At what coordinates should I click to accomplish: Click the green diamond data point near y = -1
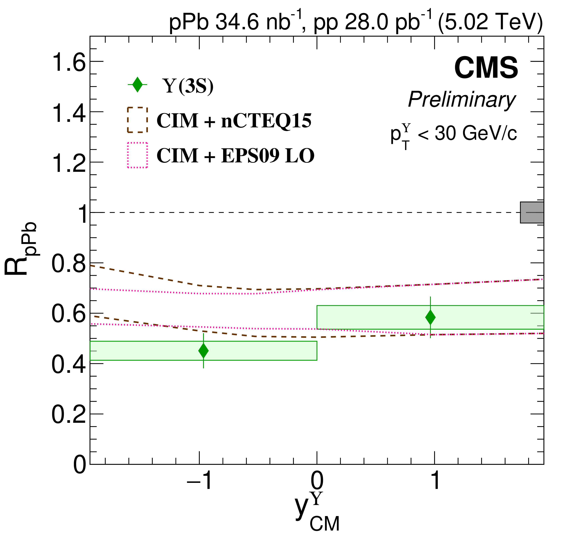(x=203, y=350)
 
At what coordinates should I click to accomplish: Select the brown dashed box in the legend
(x=137, y=120)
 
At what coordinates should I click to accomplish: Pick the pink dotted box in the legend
(x=137, y=155)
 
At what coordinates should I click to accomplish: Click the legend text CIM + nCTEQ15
(x=234, y=121)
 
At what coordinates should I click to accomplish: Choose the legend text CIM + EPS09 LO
(x=235, y=156)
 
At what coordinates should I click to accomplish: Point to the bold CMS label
(x=486, y=68)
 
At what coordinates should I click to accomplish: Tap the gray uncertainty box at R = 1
(x=532, y=213)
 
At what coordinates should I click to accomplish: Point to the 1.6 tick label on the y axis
(x=68, y=63)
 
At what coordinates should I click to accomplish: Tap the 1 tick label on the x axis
(x=435, y=480)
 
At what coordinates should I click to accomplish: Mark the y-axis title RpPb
(x=20, y=248)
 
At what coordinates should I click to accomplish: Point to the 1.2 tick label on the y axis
(x=68, y=163)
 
